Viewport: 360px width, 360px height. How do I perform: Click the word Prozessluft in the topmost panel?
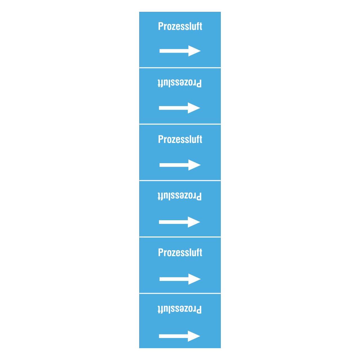pos(180,26)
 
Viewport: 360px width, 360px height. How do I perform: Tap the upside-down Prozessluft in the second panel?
pos(179,83)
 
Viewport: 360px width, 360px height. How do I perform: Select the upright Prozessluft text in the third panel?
pos(180,139)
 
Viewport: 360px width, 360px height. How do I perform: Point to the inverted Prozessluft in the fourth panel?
pos(179,196)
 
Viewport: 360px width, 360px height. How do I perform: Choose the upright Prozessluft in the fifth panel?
pos(180,253)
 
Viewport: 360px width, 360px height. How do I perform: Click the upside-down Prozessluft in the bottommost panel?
pos(179,309)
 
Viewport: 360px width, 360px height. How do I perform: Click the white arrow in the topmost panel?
pos(180,51)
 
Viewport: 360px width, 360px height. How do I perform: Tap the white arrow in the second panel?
pos(179,108)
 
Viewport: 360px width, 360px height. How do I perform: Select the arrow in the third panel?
pos(180,165)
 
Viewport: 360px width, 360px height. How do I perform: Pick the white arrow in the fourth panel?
pos(179,222)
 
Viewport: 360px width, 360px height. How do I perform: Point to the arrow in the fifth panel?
pos(180,279)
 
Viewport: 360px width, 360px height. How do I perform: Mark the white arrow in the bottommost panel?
pos(179,336)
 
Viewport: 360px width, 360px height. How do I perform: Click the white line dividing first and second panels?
pos(180,67)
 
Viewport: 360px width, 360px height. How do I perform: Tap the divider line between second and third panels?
pos(180,124)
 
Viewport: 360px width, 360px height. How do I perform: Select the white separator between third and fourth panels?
pos(180,181)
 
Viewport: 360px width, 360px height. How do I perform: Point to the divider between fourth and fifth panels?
pos(180,237)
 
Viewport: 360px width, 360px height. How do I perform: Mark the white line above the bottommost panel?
pos(180,294)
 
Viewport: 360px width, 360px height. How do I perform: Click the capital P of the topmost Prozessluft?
pos(161,26)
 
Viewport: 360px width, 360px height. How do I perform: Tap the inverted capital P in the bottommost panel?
pos(199,309)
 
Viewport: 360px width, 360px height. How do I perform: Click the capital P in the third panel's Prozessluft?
pos(161,139)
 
